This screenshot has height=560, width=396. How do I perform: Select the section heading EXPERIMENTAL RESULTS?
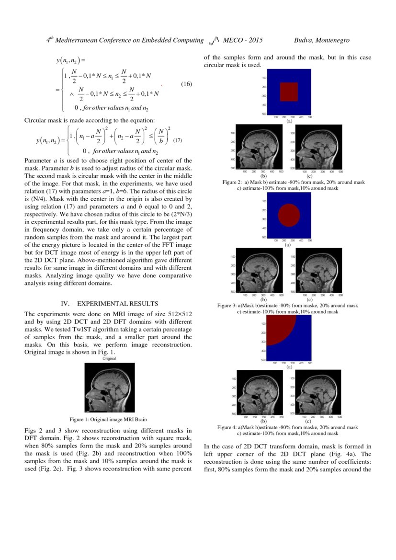[x=117, y=304]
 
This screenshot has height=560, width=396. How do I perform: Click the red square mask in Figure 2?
[x=289, y=91]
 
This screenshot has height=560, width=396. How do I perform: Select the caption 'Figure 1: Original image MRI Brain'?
[x=108, y=419]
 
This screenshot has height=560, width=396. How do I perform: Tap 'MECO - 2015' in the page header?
[x=242, y=41]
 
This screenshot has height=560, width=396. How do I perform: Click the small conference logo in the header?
[x=214, y=41]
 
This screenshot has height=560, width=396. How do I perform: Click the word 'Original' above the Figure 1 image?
[x=109, y=358]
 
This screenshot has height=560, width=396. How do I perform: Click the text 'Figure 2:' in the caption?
[x=232, y=183]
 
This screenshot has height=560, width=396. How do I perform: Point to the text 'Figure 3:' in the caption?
[x=227, y=306]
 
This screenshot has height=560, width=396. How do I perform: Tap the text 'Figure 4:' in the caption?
[x=227, y=427]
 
